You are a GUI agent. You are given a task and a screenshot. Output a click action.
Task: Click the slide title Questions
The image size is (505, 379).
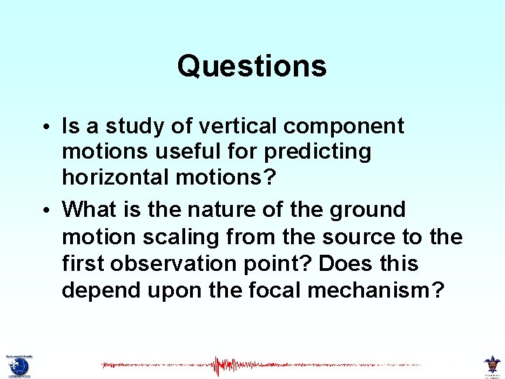pyautogui.click(x=252, y=67)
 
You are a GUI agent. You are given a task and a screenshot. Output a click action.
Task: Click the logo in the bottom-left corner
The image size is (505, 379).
pyautogui.click(x=18, y=365)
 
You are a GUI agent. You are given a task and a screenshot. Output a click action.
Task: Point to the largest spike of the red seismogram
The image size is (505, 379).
pyautogui.click(x=219, y=366)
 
